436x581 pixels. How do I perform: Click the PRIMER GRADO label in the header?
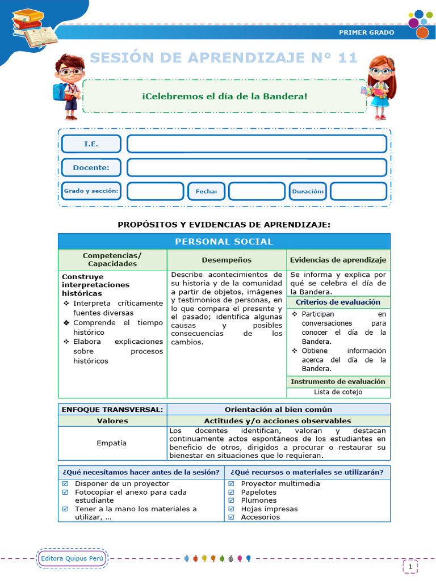[366, 32]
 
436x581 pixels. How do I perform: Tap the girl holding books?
[378, 87]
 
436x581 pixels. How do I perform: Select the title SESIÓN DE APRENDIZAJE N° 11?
[224, 58]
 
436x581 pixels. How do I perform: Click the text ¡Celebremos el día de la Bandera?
[224, 96]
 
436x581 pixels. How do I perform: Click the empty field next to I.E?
[257, 144]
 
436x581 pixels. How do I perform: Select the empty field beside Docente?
[257, 168]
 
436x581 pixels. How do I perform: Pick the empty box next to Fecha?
[257, 191]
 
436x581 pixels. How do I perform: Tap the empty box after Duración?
[358, 191]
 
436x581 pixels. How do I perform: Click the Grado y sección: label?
[91, 191]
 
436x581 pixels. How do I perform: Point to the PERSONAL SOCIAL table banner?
[224, 242]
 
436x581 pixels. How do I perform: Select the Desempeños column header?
[227, 260]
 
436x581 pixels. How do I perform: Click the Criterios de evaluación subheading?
[338, 302]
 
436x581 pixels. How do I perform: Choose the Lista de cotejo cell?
[338, 392]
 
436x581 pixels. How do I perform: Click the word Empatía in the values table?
[112, 443]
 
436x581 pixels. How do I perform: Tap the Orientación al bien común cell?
[278, 409]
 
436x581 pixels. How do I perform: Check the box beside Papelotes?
[232, 492]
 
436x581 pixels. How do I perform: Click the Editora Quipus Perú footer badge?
[72, 559]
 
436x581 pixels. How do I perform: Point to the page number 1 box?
[410, 566]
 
